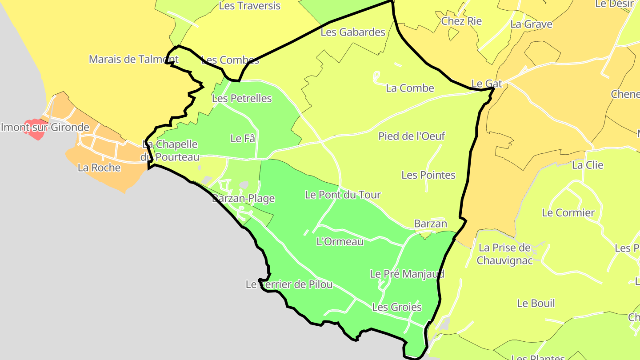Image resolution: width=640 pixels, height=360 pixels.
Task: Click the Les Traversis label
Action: tap(250, 6)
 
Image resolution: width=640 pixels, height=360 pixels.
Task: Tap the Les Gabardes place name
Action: tap(353, 32)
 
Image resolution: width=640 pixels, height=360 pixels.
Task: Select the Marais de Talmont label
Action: tap(133, 59)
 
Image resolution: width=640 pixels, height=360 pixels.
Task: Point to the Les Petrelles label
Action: tap(242, 98)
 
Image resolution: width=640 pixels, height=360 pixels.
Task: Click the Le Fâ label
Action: tap(243, 138)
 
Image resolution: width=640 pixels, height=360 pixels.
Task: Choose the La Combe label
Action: tap(410, 88)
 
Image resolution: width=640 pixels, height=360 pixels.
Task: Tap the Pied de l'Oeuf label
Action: tap(412, 136)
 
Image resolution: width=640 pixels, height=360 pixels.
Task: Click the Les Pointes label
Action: tap(428, 175)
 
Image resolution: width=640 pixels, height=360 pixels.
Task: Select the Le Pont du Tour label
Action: tap(343, 195)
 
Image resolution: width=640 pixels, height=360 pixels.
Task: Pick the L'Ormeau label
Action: tap(340, 242)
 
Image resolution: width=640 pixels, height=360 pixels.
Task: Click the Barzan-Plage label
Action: tap(244, 199)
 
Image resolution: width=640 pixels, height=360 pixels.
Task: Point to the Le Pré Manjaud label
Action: tap(407, 274)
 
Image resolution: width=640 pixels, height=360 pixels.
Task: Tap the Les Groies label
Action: tap(397, 307)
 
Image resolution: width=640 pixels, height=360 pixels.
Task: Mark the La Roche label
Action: tap(99, 168)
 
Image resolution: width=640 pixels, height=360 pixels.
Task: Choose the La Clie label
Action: tap(588, 165)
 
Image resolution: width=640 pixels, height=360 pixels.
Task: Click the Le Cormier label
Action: tap(568, 213)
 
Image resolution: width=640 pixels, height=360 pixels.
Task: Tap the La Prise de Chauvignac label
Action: tap(504, 254)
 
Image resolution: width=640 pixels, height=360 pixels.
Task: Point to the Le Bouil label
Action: tap(536, 304)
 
